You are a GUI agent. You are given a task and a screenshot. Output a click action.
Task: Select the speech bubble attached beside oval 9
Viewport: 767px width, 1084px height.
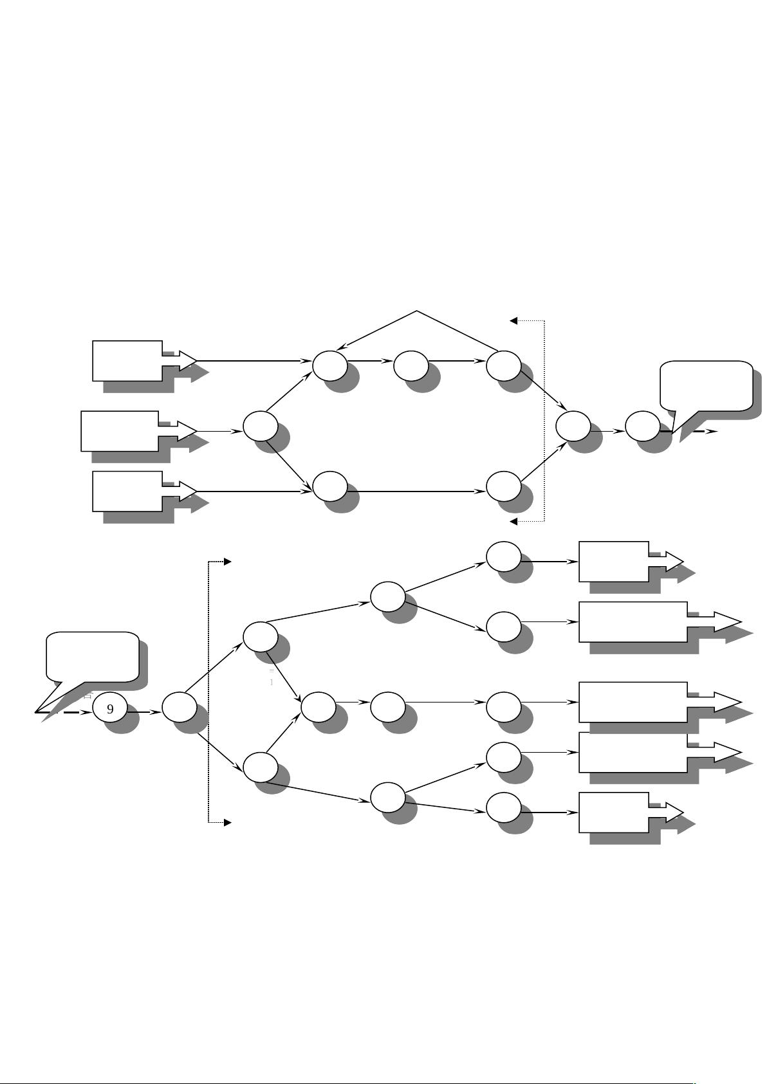point(93,657)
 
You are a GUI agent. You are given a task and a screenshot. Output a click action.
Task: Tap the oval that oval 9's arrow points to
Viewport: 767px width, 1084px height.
point(179,708)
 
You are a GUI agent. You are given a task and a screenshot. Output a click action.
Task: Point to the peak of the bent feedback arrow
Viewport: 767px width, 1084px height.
point(417,311)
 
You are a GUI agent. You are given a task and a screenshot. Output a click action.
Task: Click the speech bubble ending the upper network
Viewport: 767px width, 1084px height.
point(707,385)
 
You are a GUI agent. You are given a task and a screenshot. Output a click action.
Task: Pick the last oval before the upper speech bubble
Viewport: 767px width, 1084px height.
point(642,426)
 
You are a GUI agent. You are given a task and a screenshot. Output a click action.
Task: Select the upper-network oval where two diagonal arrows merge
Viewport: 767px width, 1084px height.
point(573,426)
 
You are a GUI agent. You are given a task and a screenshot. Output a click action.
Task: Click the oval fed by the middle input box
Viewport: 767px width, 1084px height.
point(261,425)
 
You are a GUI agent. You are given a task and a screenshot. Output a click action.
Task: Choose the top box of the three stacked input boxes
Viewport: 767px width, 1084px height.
point(127,361)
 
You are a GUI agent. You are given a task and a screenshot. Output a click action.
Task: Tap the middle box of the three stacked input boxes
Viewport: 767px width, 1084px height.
point(120,431)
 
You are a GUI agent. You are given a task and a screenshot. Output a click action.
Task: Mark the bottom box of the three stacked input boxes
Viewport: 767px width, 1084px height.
point(127,491)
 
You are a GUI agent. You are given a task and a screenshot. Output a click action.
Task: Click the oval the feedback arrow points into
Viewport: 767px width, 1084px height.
point(329,365)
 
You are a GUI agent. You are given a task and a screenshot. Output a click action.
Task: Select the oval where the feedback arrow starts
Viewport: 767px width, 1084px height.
point(503,365)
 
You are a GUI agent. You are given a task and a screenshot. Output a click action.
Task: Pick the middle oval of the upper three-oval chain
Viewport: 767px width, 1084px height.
point(411,365)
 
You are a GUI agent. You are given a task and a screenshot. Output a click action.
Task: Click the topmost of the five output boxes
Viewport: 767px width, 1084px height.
point(614,562)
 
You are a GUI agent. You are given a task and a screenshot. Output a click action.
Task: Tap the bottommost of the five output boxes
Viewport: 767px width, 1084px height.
point(614,813)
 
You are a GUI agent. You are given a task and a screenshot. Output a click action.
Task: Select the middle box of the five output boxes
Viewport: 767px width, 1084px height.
point(633,702)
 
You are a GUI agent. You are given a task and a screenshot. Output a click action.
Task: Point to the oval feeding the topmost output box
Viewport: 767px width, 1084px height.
point(503,556)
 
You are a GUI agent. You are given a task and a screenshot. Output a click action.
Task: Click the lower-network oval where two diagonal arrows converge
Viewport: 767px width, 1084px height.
point(318,707)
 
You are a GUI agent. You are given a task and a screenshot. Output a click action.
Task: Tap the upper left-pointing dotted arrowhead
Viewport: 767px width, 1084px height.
point(513,320)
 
